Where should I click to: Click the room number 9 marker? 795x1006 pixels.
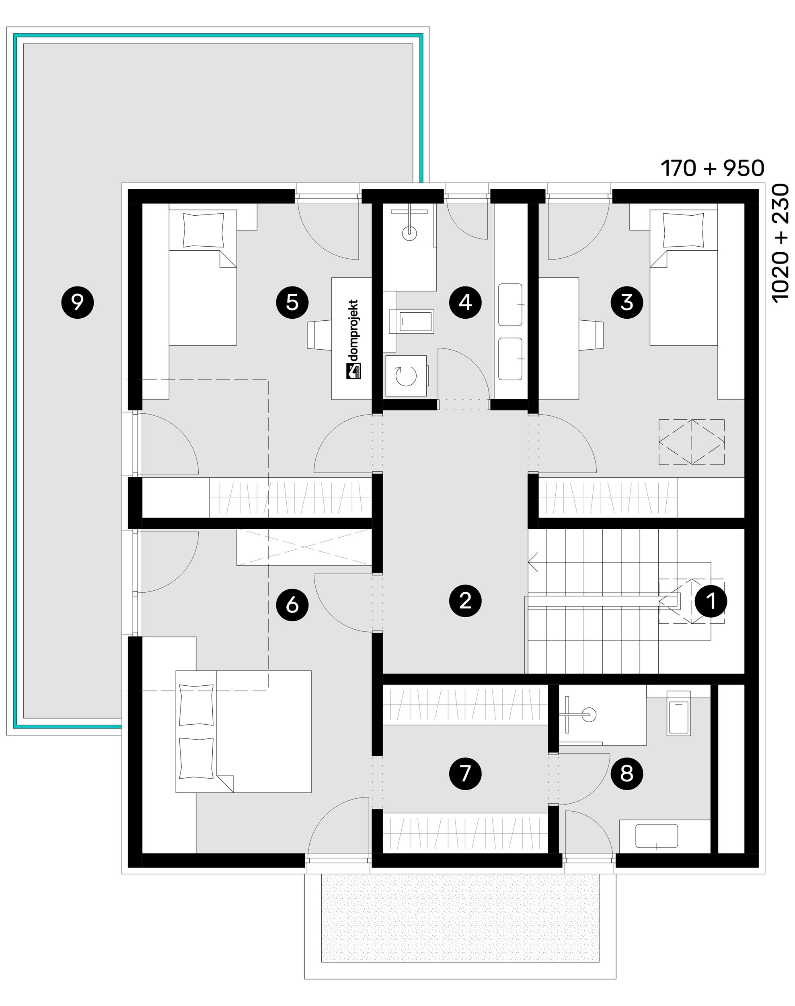pyautogui.click(x=78, y=303)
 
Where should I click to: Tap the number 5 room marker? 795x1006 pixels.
pyautogui.click(x=292, y=303)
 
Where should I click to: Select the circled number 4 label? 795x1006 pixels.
pyautogui.click(x=465, y=303)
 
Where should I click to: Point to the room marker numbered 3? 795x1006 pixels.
pyautogui.click(x=627, y=303)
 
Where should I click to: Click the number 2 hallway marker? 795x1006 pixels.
pyautogui.click(x=465, y=601)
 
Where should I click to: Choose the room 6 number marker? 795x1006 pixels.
pyautogui.click(x=292, y=606)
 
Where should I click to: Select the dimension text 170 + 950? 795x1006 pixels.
pyautogui.click(x=712, y=168)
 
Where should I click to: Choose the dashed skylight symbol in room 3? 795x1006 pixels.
pyautogui.click(x=692, y=442)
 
